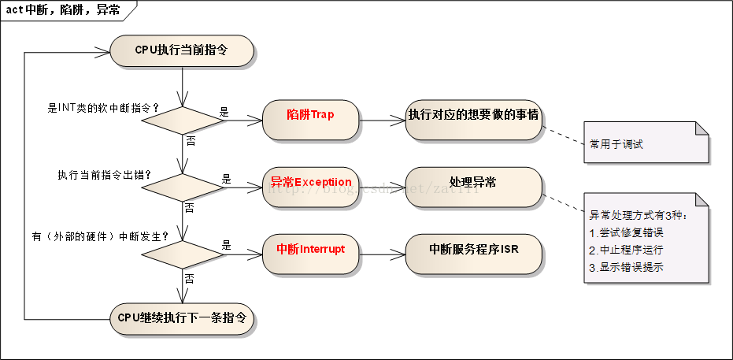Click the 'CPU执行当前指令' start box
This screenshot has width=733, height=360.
182,51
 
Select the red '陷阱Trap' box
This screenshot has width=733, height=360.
310,115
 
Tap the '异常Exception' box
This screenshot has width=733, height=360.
310,182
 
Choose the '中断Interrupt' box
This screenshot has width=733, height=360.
310,249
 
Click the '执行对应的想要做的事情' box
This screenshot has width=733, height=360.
473,115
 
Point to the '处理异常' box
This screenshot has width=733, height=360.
473,182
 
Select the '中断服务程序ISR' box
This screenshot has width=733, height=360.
473,249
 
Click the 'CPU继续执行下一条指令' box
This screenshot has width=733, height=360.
182,318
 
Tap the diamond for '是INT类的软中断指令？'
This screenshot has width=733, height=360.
182,120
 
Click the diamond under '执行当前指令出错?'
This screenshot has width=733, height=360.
182,187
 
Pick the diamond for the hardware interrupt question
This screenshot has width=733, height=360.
182,254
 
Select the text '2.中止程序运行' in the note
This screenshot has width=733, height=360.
626,250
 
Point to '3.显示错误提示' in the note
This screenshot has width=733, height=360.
626,266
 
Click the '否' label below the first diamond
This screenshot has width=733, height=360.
190,139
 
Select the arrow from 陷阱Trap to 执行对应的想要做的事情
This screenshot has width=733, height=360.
382,120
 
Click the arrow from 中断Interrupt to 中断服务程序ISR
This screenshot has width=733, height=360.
382,254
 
